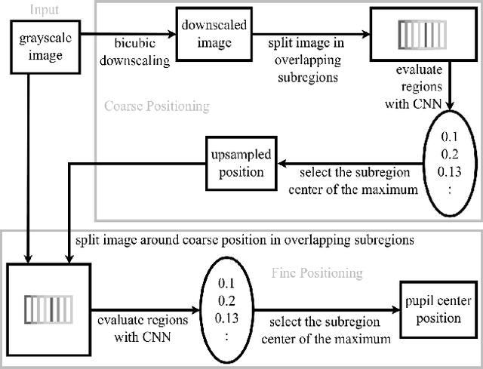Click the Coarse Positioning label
pos(157,106)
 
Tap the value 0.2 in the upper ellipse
pos(449,155)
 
